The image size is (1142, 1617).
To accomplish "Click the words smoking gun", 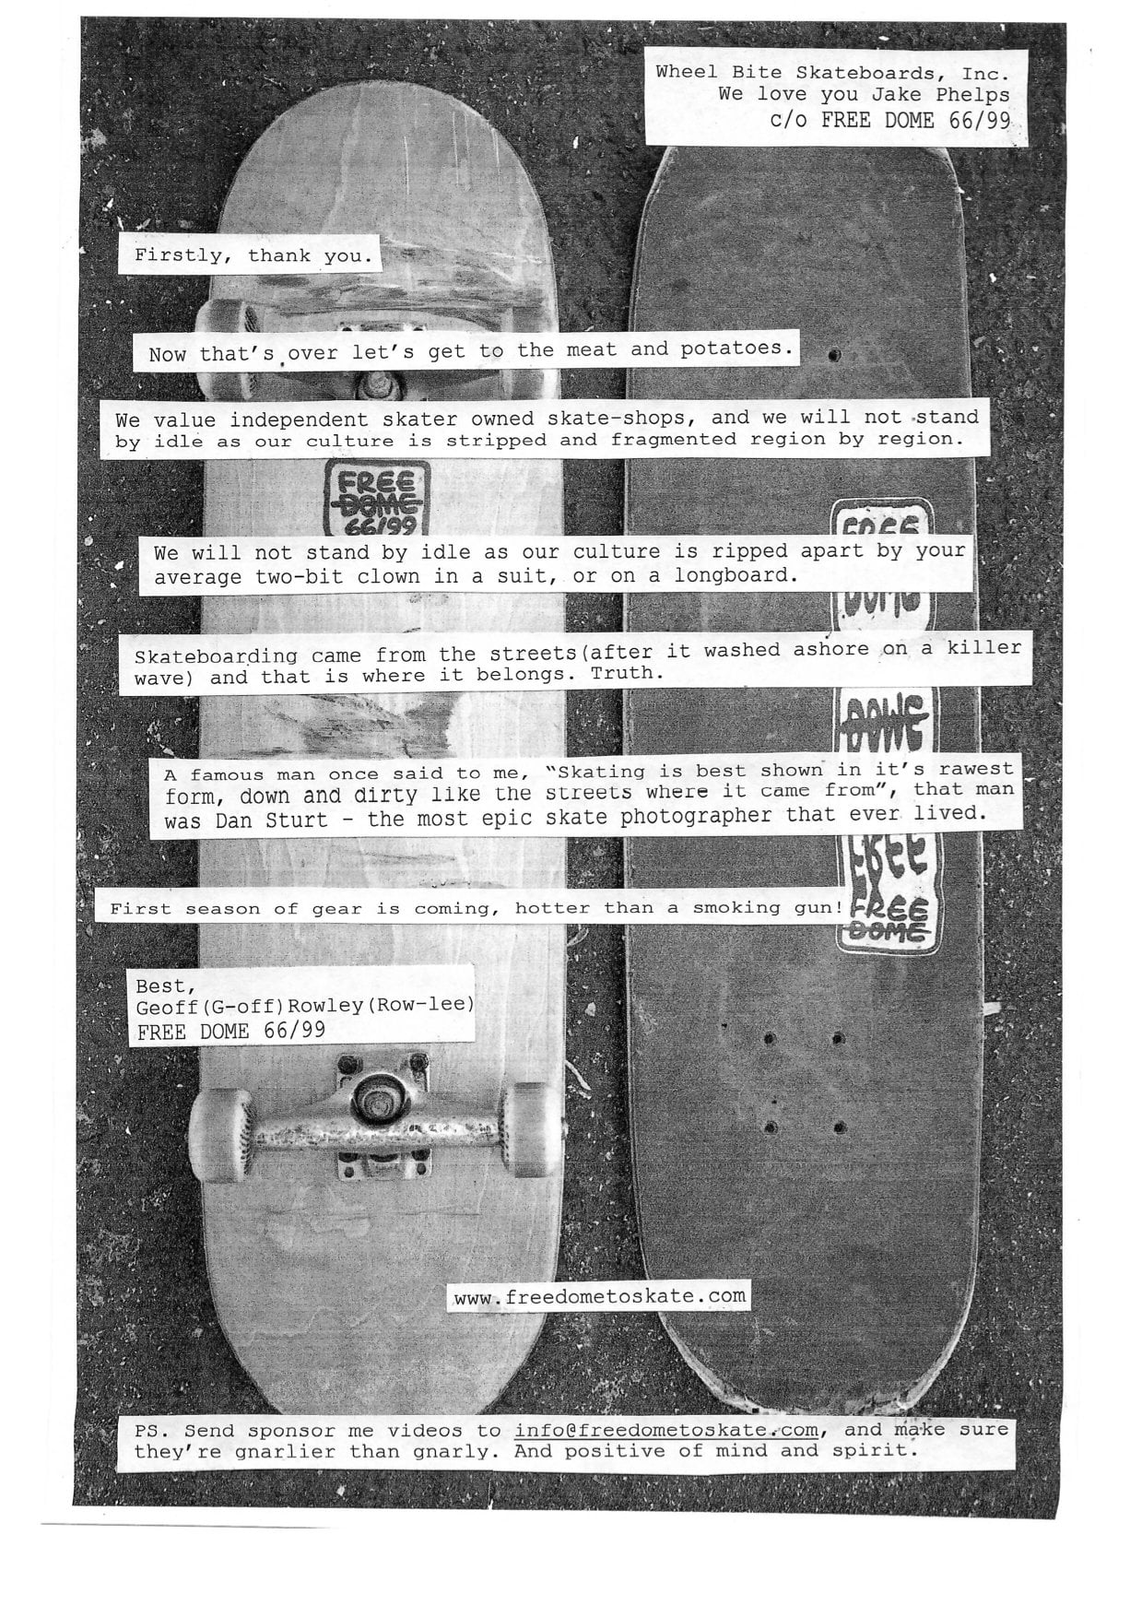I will click(x=768, y=908).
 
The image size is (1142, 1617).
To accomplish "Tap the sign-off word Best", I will click(x=159, y=986).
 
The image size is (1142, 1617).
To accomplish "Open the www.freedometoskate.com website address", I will click(x=600, y=1296).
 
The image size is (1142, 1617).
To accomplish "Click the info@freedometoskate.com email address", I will click(x=666, y=1431).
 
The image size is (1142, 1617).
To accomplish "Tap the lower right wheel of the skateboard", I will click(x=533, y=1129).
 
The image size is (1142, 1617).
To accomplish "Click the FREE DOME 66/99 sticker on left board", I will click(x=377, y=498).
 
